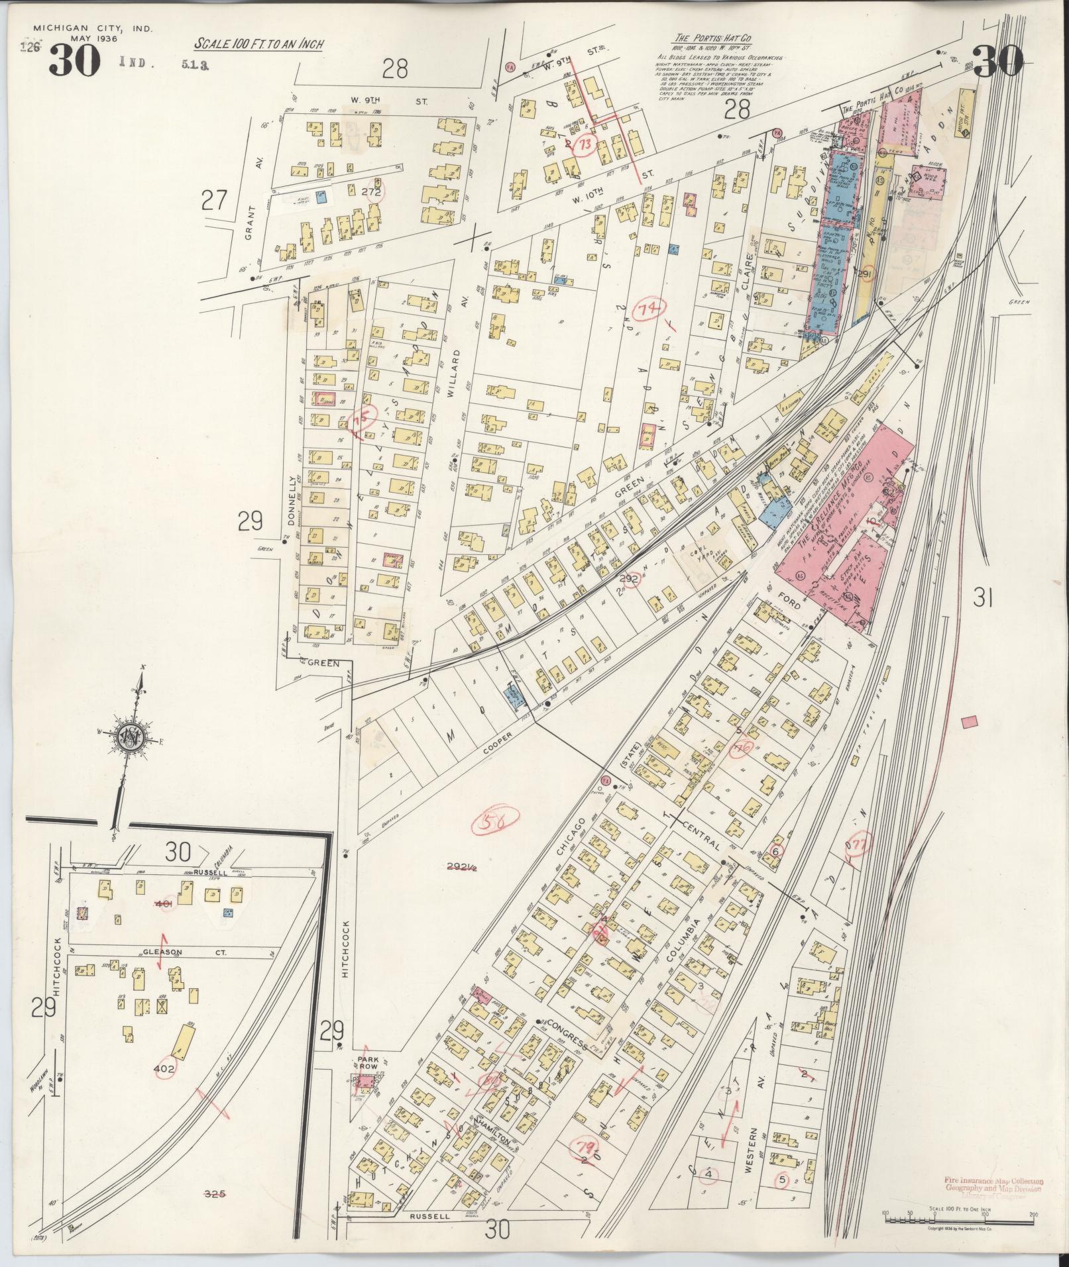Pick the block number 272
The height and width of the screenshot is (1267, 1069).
tap(372, 192)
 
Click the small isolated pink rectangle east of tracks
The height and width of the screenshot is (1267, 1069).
tap(972, 722)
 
